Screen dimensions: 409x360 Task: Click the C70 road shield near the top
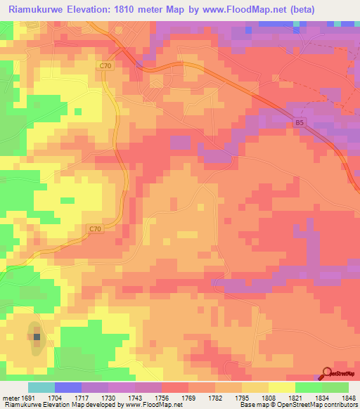pos(105,65)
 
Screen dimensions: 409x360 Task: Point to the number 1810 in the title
pos(135,10)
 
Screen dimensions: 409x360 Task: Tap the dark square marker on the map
pos(37,337)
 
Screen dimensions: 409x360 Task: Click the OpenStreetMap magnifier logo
pos(326,374)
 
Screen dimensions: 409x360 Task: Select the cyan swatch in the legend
pos(41,388)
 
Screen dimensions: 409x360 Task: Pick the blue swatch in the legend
pos(68,388)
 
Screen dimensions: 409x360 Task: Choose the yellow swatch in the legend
pos(282,388)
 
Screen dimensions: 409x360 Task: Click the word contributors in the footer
pos(340,405)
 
